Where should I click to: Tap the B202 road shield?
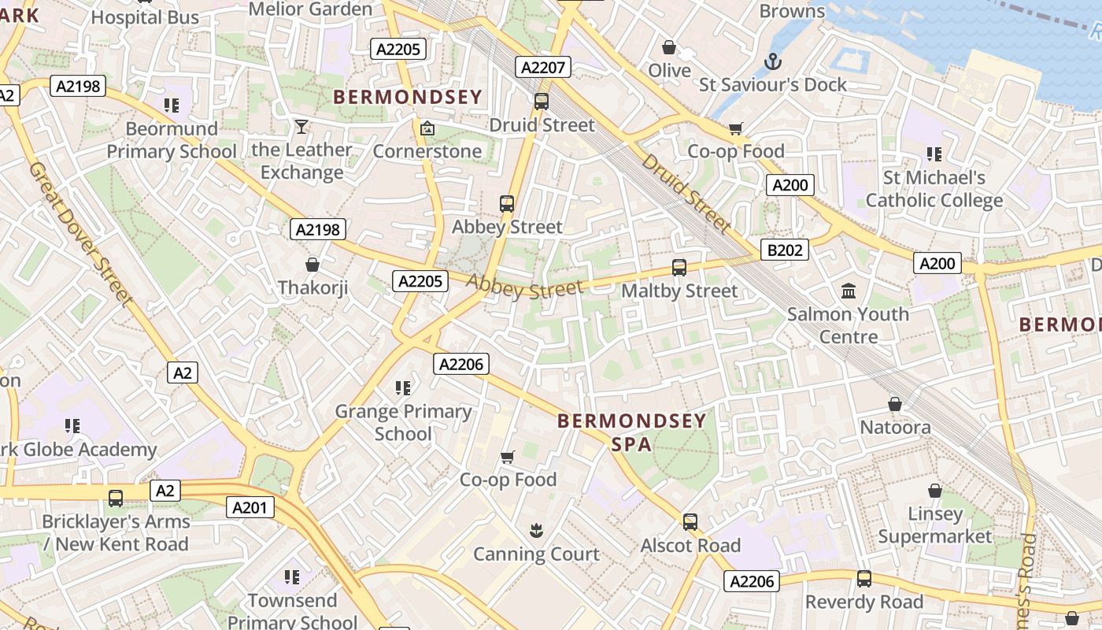pyautogui.click(x=785, y=250)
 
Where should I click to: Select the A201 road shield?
pyautogui.click(x=250, y=507)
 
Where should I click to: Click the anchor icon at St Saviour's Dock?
pyautogui.click(x=773, y=61)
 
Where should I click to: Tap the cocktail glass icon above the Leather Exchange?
pyautogui.click(x=301, y=127)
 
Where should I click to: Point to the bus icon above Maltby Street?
pyautogui.click(x=679, y=268)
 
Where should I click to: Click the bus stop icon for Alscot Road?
pyautogui.click(x=690, y=522)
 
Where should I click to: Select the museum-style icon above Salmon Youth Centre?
pyautogui.click(x=849, y=291)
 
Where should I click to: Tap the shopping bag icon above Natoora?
pyautogui.click(x=895, y=404)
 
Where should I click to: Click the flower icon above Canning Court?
pyautogui.click(x=536, y=531)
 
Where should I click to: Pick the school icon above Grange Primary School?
pyautogui.click(x=403, y=387)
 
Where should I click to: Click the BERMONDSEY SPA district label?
pyautogui.click(x=632, y=432)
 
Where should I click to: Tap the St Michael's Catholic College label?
pyautogui.click(x=934, y=189)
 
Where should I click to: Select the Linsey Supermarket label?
pyautogui.click(x=935, y=525)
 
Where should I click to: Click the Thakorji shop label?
pyautogui.click(x=312, y=287)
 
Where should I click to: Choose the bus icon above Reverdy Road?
pyautogui.click(x=864, y=579)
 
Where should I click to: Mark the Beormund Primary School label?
pyautogui.click(x=172, y=139)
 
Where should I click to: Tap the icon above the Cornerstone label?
pyautogui.click(x=427, y=128)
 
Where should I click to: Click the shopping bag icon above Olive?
pyautogui.click(x=669, y=47)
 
